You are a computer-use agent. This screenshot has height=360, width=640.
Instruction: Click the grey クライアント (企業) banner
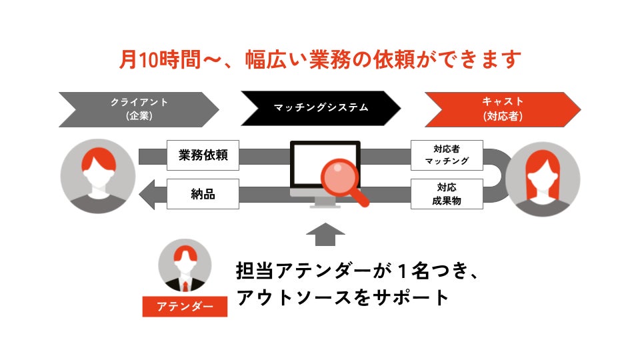click(x=139, y=109)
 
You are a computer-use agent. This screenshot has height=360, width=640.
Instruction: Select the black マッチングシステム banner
click(x=321, y=108)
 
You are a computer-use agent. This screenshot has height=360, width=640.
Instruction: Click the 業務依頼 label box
click(x=203, y=155)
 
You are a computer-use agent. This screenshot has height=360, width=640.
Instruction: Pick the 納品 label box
click(x=203, y=195)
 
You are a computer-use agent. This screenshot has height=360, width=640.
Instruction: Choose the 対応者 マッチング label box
click(x=447, y=155)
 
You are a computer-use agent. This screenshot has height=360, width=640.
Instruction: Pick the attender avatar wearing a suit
click(x=185, y=266)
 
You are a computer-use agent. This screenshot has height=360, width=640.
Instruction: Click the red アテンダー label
click(x=185, y=306)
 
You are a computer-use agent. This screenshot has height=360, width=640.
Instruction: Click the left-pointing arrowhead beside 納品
click(x=147, y=195)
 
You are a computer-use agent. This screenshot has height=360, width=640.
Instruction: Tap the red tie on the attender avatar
click(x=185, y=286)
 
